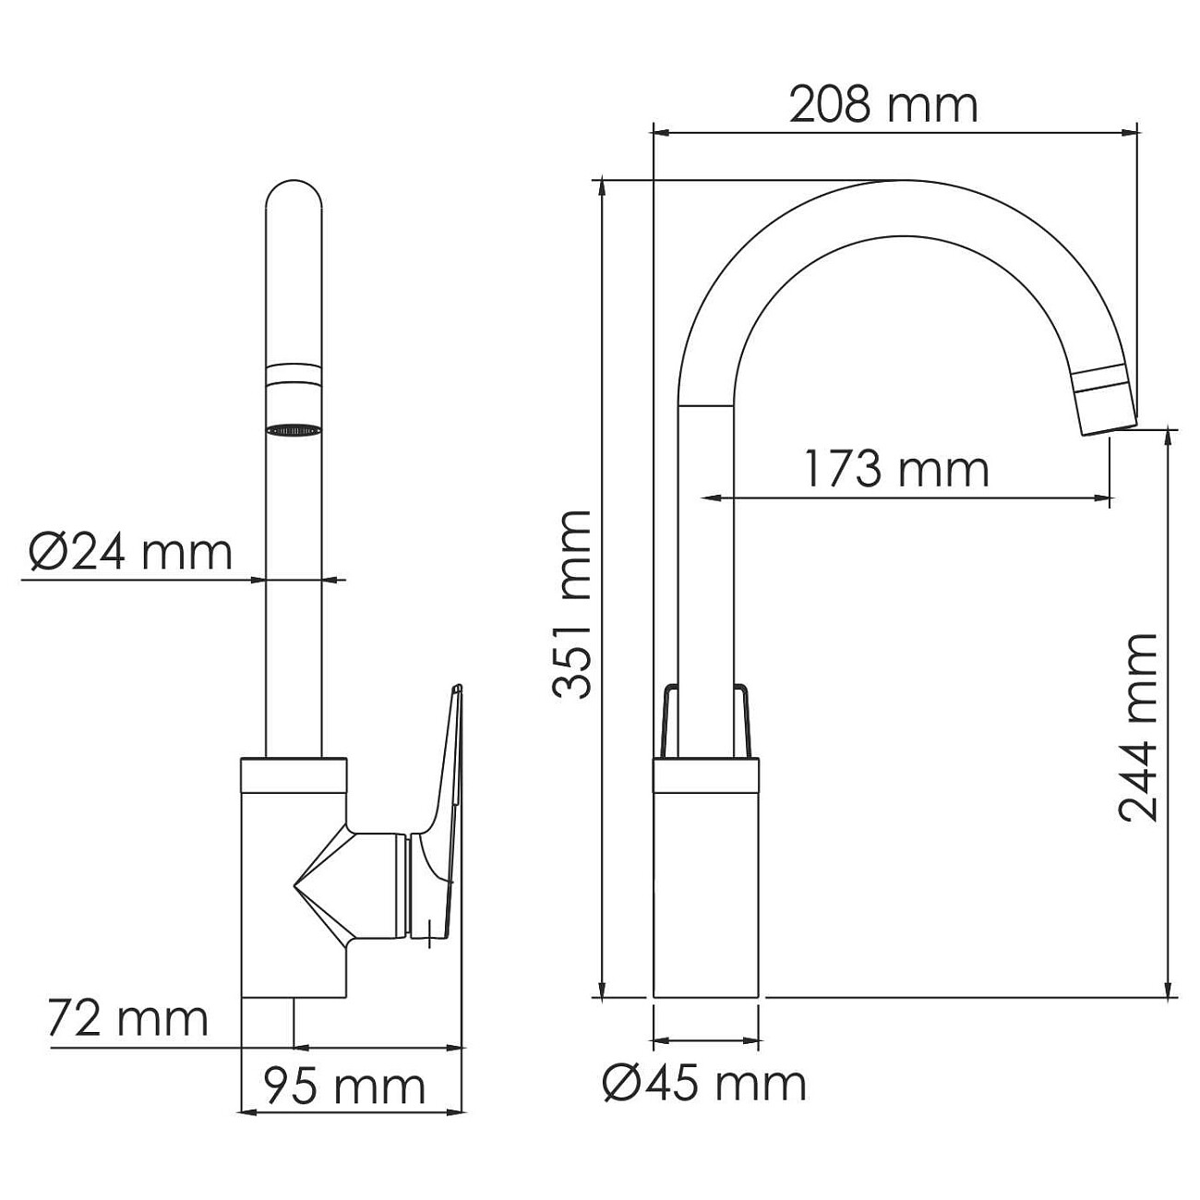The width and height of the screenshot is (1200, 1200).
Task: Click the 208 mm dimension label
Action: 883,105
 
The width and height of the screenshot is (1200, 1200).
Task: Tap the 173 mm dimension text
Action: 895,469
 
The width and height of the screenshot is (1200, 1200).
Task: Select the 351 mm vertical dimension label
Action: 571,605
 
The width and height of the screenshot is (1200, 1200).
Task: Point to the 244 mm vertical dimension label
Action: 1137,727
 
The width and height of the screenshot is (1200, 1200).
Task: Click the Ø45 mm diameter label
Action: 704,1082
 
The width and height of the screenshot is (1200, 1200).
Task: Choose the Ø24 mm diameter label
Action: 130,553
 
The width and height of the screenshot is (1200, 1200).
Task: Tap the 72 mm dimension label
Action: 129,1018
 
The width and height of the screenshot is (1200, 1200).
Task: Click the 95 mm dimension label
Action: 345,1086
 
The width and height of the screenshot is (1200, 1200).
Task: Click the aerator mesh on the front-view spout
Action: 294,429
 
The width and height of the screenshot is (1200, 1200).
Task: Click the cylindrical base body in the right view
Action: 705,886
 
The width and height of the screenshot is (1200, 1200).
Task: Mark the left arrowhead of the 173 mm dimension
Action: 711,499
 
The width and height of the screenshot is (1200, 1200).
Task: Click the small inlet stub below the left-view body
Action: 267,1022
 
